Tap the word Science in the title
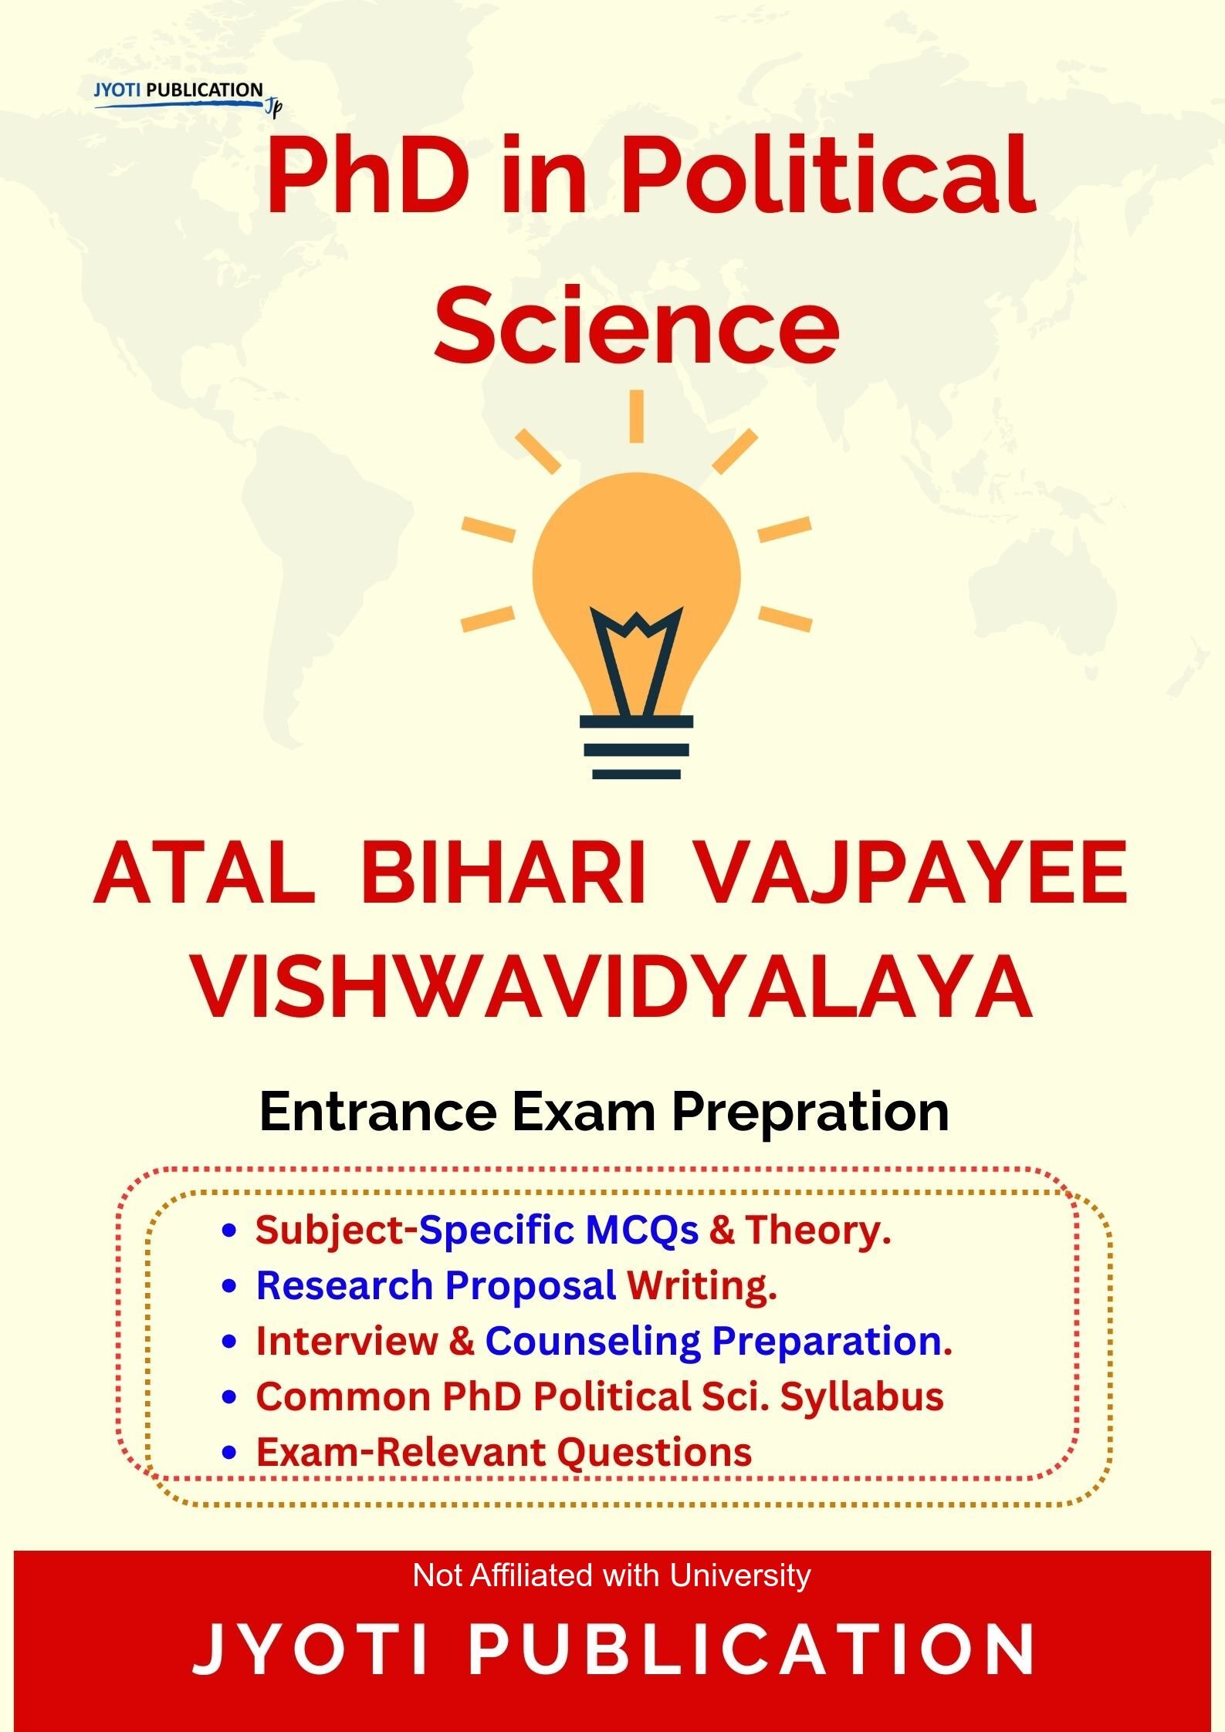(636, 326)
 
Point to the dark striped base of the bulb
(636, 748)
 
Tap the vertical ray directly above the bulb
(636, 417)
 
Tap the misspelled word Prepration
(810, 1112)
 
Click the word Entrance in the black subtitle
(377, 1112)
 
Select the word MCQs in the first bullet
(641, 1231)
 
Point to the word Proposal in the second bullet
(530, 1286)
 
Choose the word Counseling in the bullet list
(592, 1342)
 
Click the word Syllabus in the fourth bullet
(861, 1397)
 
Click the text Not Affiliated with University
(611, 1575)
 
